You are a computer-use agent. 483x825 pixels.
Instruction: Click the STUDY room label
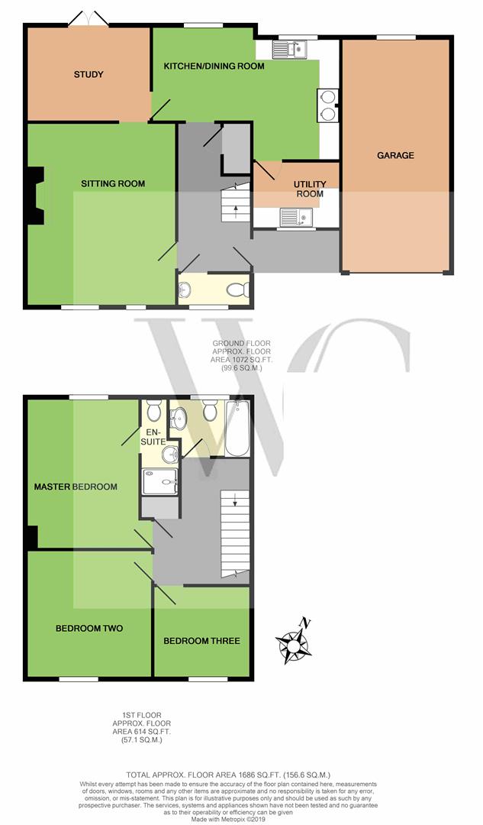click(x=89, y=75)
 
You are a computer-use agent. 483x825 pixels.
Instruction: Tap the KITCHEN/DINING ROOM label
click(x=214, y=66)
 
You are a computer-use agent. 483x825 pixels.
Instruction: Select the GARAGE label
click(x=395, y=155)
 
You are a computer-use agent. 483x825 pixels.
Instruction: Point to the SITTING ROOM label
click(x=113, y=183)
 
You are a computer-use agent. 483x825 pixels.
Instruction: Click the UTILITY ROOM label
click(x=310, y=189)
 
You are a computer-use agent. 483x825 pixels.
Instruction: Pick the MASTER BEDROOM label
click(x=76, y=487)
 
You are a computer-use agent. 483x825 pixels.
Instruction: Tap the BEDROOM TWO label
click(x=89, y=628)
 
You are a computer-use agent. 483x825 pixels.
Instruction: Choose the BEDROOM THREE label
click(x=201, y=641)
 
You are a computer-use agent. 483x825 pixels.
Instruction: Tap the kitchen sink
click(x=289, y=50)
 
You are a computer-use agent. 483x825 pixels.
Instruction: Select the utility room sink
click(x=296, y=217)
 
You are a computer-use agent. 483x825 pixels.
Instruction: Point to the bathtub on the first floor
click(x=237, y=429)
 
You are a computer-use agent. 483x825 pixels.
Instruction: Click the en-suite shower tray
click(x=159, y=481)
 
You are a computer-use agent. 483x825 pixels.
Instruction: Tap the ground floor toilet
click(x=239, y=290)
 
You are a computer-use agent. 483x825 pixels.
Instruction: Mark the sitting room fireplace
click(x=37, y=196)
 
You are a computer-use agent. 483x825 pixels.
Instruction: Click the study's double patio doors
click(x=89, y=18)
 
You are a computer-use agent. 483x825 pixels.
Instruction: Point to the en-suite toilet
click(x=154, y=410)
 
